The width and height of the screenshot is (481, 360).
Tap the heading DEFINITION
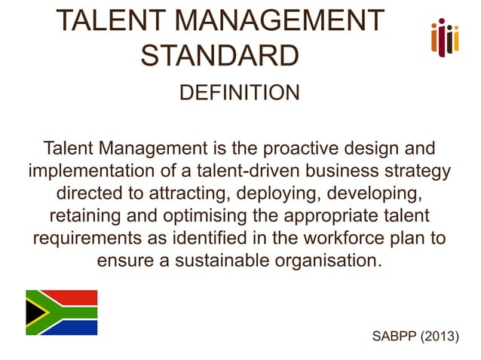pyautogui.click(x=240, y=93)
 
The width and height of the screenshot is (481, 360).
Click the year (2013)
pyautogui.click(x=439, y=335)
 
